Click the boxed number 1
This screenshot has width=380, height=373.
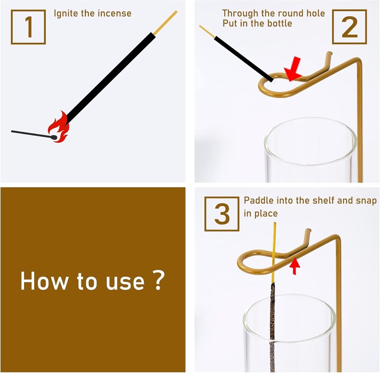(x=28, y=27)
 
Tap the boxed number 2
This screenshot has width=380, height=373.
(x=349, y=27)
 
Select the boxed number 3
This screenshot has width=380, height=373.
(x=222, y=214)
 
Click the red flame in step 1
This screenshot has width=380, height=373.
(x=59, y=127)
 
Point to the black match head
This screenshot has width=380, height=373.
(x=54, y=137)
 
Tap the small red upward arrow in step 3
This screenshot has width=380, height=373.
(x=295, y=266)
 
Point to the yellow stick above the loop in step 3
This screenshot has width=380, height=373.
(x=274, y=252)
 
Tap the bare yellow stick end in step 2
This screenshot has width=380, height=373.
(x=207, y=32)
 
